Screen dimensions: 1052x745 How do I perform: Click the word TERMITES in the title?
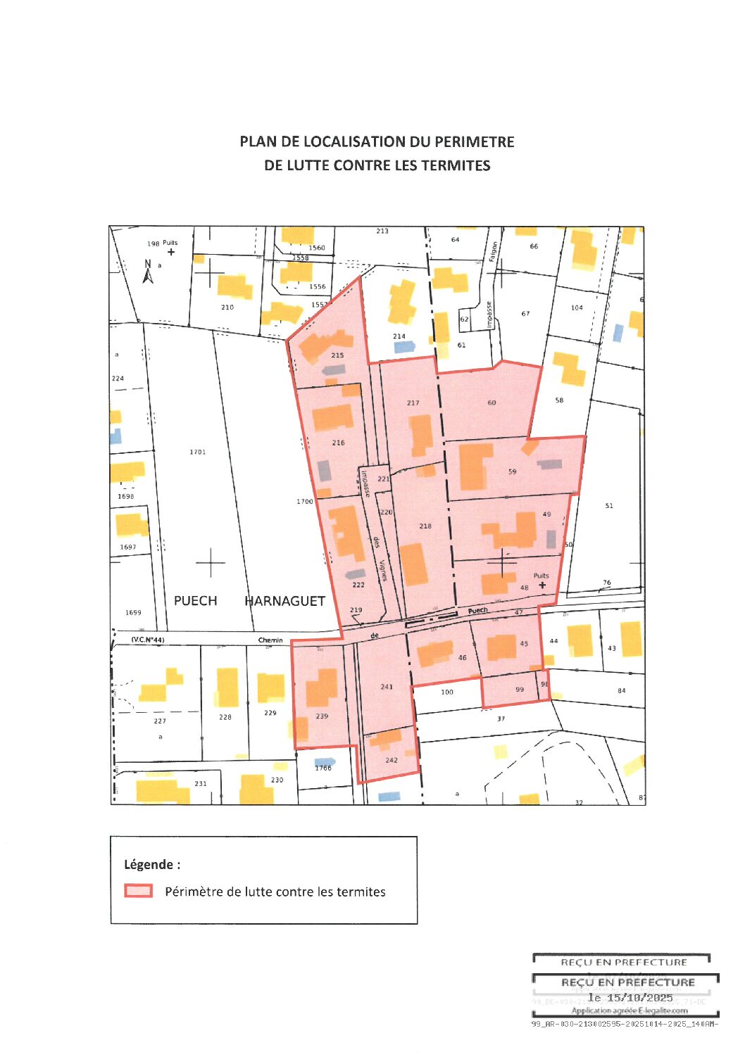click(456, 165)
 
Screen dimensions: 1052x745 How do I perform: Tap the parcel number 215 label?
click(337, 355)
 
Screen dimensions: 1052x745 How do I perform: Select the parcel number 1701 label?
click(198, 452)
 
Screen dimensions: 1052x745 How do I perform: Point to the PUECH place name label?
click(195, 601)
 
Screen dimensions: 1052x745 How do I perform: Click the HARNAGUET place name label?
click(284, 601)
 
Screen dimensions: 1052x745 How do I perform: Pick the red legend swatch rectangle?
click(138, 891)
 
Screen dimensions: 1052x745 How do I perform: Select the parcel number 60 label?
click(492, 403)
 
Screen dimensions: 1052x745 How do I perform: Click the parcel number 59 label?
click(512, 471)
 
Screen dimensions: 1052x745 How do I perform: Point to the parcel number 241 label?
click(387, 687)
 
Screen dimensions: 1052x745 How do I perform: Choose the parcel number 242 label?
click(392, 760)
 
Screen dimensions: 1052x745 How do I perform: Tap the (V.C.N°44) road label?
click(148, 640)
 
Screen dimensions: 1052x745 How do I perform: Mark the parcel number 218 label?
click(425, 526)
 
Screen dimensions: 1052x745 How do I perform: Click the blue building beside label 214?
click(403, 346)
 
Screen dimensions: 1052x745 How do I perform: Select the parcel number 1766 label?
click(323, 768)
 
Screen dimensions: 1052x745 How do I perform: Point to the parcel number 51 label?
click(609, 505)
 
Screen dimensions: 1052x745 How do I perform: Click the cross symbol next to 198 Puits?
click(171, 252)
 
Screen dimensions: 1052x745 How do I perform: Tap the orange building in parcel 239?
click(322, 687)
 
